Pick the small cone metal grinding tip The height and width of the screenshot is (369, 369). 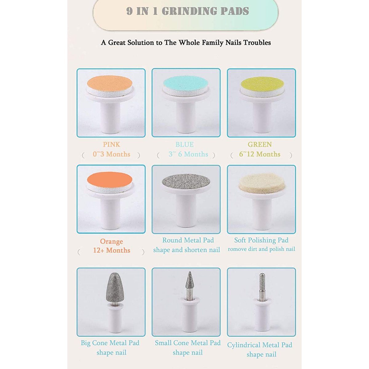pyautogui.click(x=189, y=280)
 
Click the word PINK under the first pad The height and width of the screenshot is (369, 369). pyautogui.click(x=111, y=145)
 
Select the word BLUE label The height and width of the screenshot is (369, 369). pyautogui.click(x=184, y=145)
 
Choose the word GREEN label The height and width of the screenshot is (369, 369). pyautogui.click(x=260, y=145)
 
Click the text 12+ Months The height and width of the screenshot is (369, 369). pyautogui.click(x=112, y=250)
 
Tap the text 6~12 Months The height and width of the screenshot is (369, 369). pyautogui.click(x=260, y=154)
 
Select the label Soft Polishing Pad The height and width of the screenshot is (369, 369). pyautogui.click(x=261, y=240)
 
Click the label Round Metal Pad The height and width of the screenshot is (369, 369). pyautogui.click(x=188, y=240)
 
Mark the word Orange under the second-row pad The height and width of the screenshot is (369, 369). pyautogui.click(x=111, y=241)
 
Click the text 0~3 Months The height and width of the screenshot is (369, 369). pyautogui.click(x=111, y=154)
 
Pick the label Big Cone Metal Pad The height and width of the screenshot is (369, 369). pyautogui.click(x=110, y=343)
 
